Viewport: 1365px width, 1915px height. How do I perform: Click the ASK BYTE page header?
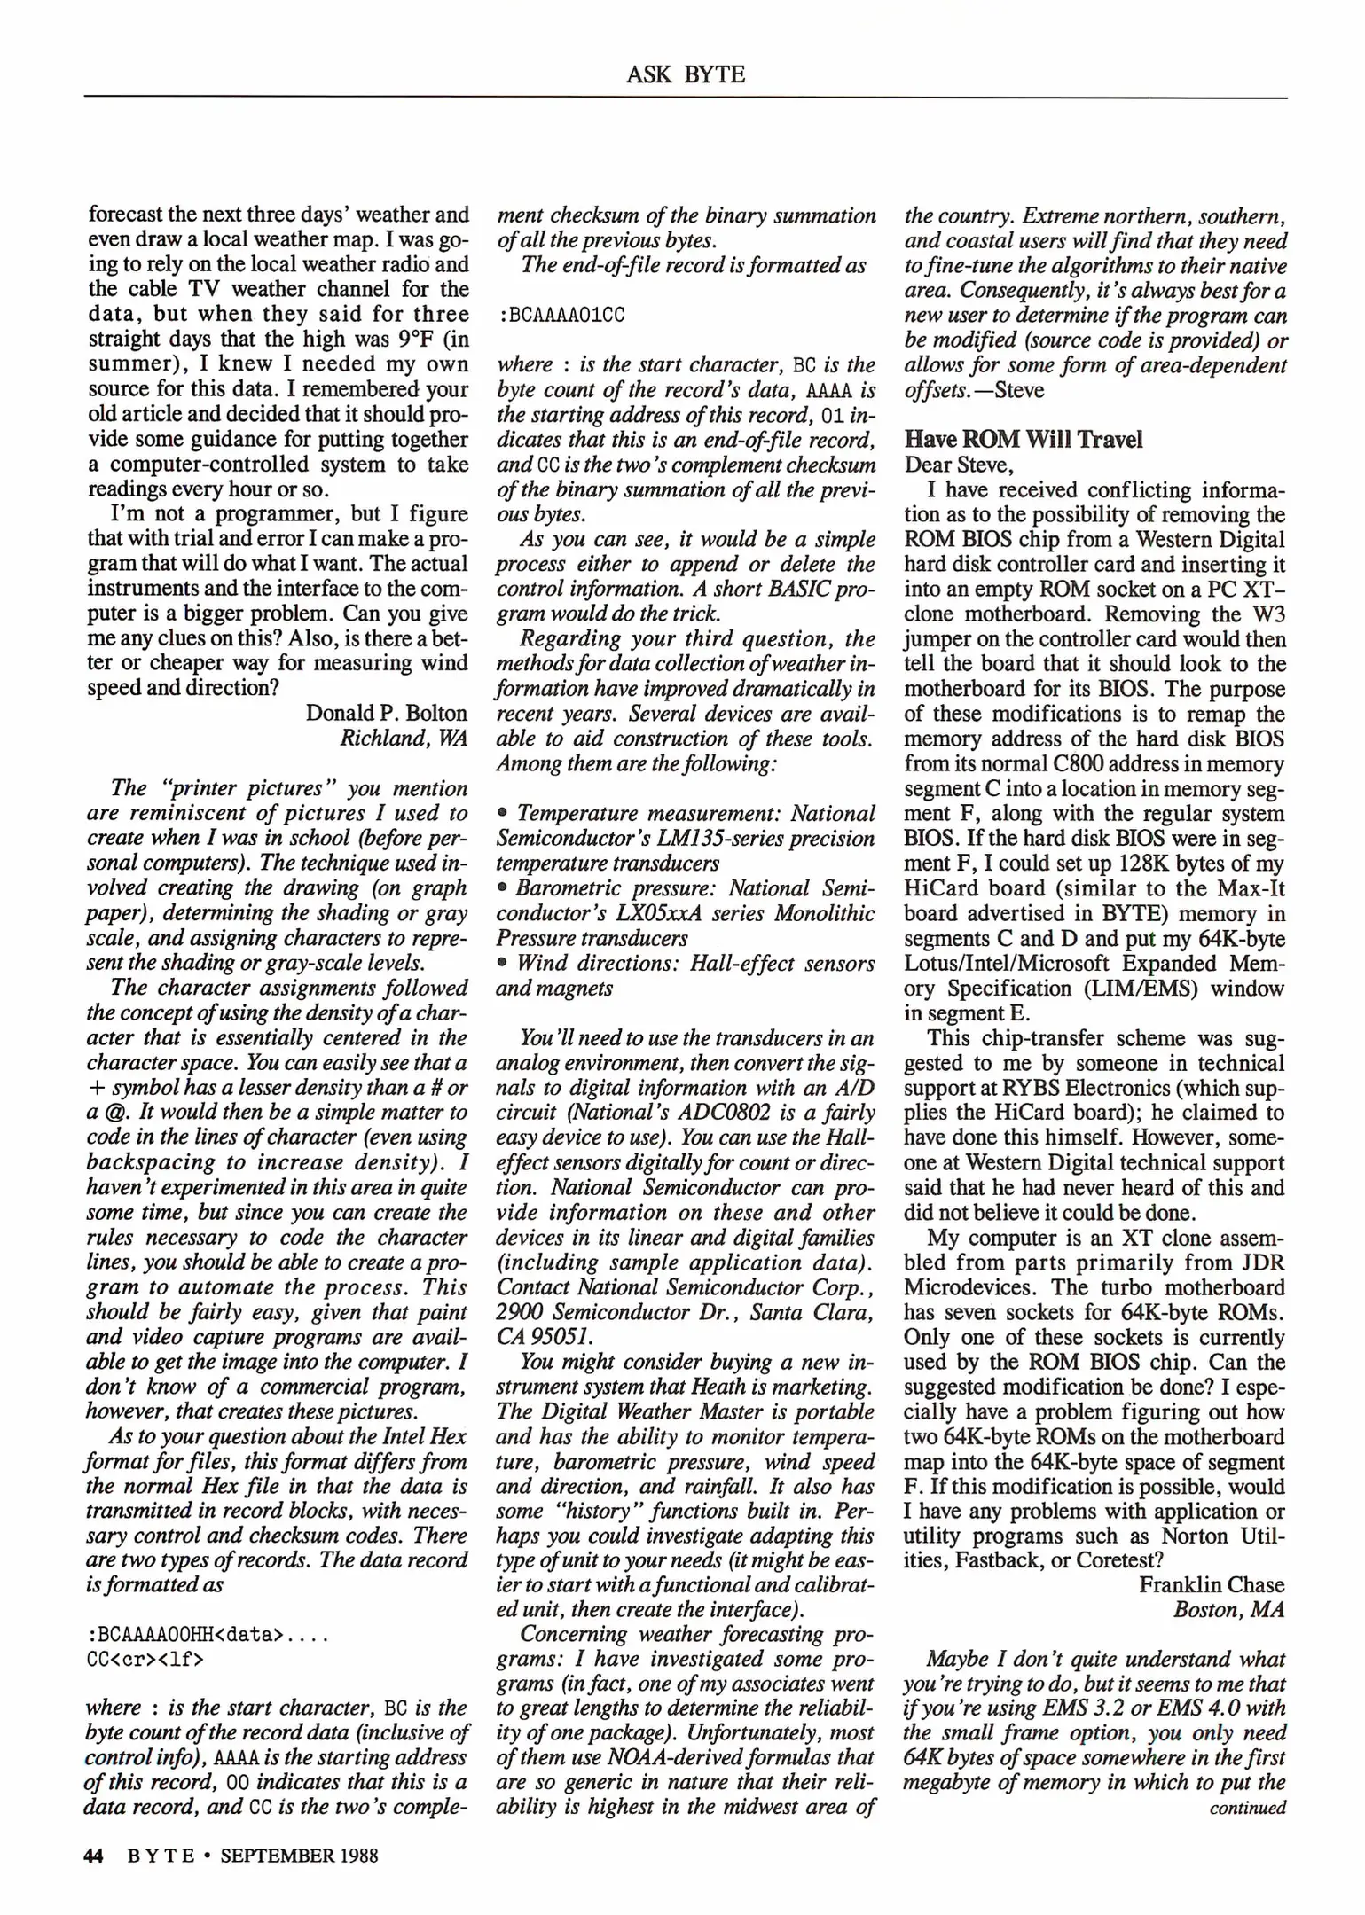coord(685,75)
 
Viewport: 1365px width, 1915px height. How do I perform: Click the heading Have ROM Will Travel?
coord(1023,440)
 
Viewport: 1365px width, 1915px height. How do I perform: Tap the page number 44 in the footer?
coord(94,1856)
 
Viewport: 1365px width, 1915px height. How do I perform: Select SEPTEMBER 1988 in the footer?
coord(299,1856)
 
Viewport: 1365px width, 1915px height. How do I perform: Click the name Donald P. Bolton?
coord(386,714)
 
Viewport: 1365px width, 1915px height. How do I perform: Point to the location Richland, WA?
coord(404,739)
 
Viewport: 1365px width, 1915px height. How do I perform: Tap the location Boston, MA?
coord(1228,1610)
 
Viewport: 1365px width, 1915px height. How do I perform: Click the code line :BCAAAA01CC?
coord(561,316)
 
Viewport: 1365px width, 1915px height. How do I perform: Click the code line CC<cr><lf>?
coord(145,1659)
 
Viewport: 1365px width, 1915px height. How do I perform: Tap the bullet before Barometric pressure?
coord(502,888)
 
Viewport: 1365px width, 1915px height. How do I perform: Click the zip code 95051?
coord(563,1336)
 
